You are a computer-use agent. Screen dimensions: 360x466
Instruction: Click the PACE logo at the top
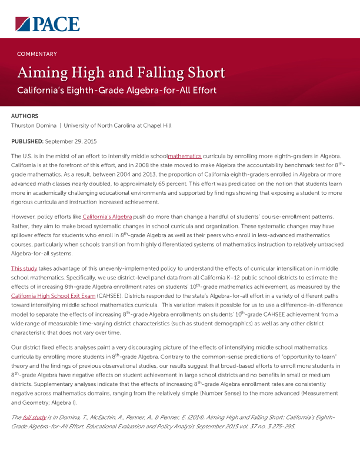point(47,24)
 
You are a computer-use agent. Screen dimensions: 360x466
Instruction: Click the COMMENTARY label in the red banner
point(37,54)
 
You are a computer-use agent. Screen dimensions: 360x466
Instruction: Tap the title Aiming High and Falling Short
point(121,73)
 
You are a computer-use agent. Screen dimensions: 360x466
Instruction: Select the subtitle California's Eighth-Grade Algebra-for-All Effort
point(116,91)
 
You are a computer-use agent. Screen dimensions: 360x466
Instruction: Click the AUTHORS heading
point(25,116)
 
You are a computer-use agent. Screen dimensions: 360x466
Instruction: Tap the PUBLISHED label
point(27,141)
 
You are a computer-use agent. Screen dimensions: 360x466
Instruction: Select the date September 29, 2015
point(71,141)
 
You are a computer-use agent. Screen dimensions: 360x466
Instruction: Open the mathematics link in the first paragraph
point(184,156)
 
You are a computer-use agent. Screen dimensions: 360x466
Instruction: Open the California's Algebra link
point(106,217)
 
